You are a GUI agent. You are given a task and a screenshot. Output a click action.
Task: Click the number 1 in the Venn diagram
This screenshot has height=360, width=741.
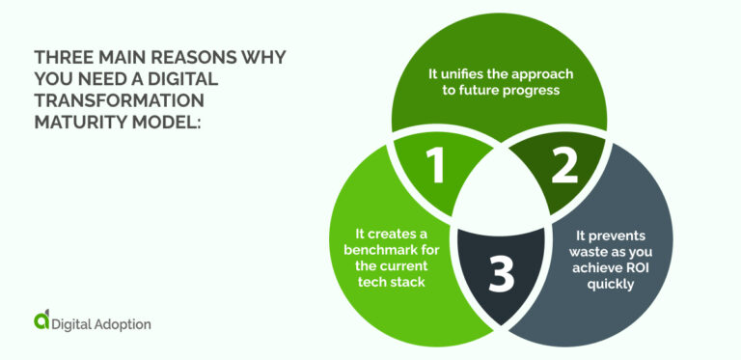(436, 167)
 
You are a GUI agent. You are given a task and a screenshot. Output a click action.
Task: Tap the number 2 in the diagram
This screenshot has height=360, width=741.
(563, 167)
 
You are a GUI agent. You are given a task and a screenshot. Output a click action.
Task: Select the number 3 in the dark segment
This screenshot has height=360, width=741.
(501, 274)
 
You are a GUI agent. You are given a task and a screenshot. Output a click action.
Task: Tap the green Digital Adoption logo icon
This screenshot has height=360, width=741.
(41, 321)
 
